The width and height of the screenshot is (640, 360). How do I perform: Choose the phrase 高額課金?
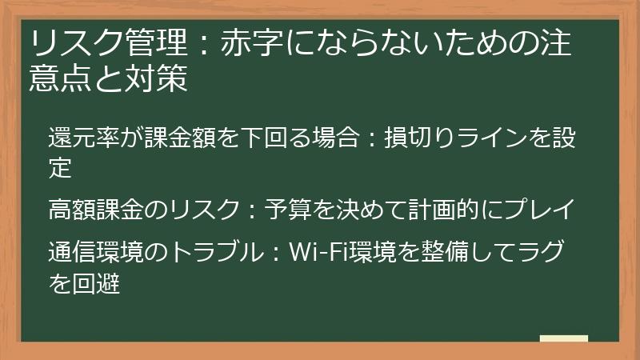pyautogui.click(x=96, y=211)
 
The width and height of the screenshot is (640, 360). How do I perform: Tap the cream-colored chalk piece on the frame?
pyautogui.click(x=563, y=338)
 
